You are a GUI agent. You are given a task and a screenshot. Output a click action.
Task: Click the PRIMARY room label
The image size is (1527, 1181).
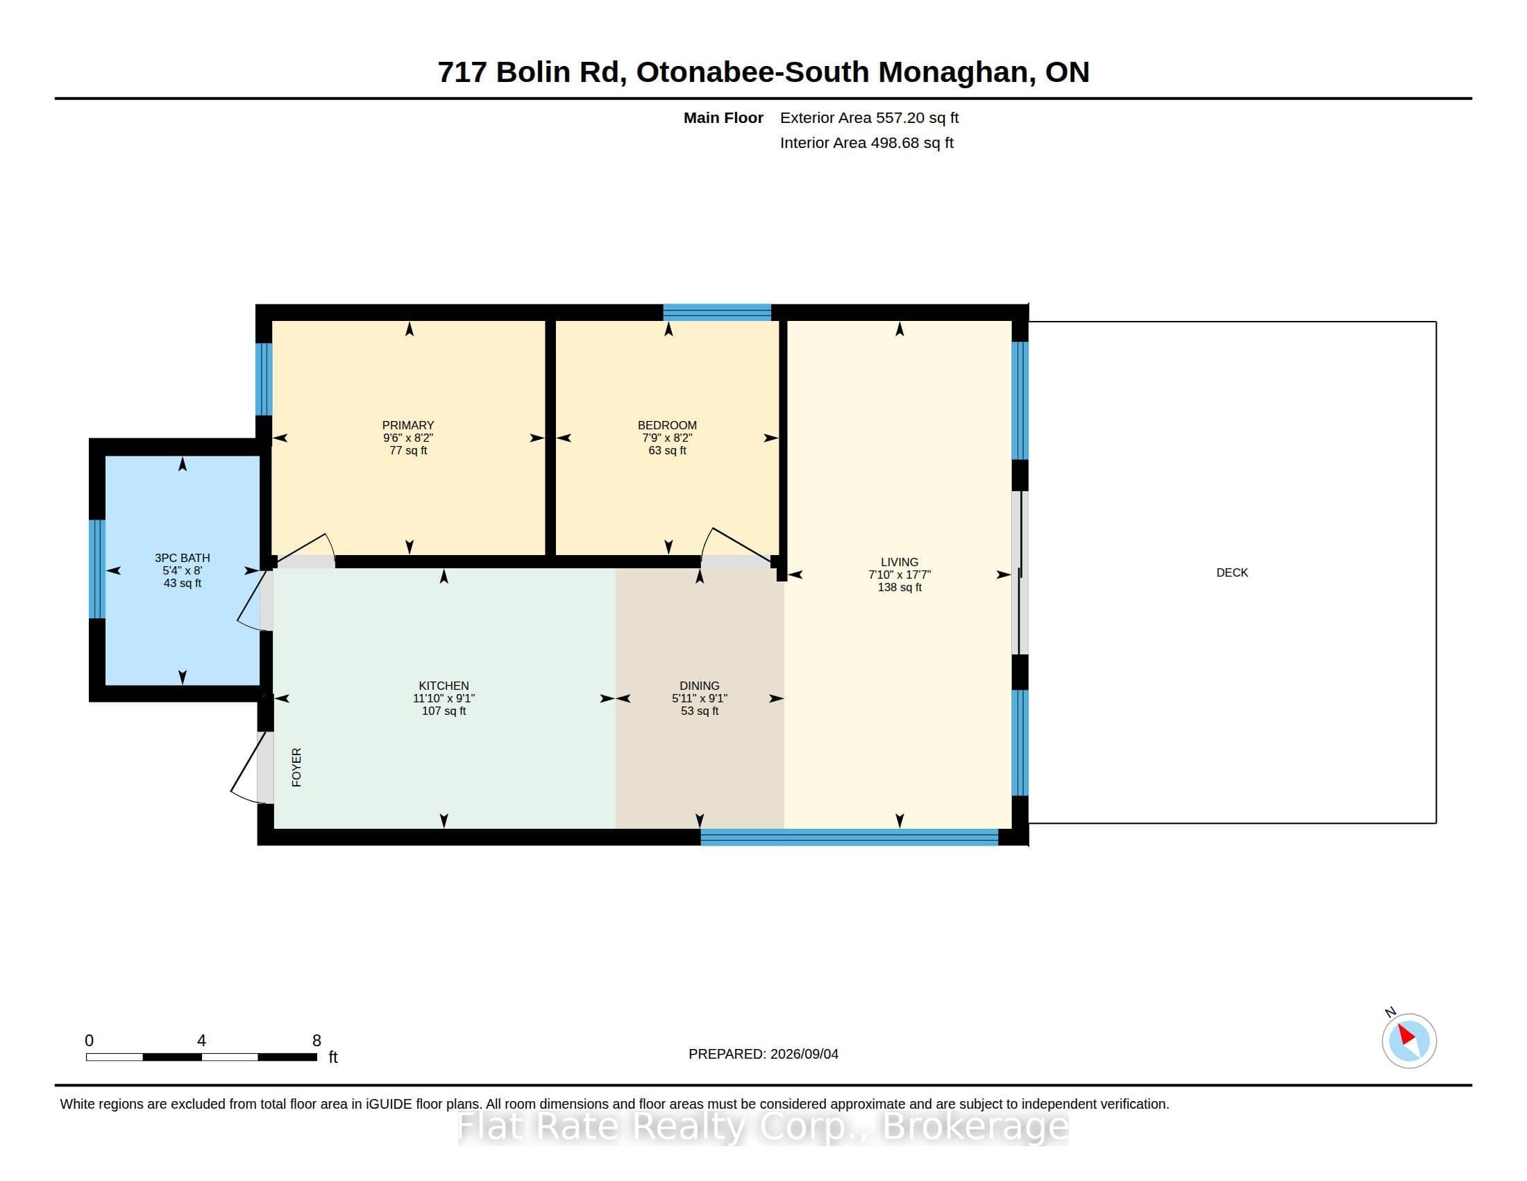coord(408,425)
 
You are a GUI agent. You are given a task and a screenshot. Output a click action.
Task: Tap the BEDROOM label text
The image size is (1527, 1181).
coord(667,425)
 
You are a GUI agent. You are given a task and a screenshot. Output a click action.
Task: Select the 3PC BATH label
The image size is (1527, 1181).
coord(183,559)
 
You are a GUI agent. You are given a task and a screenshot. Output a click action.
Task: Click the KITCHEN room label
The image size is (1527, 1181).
coord(444,686)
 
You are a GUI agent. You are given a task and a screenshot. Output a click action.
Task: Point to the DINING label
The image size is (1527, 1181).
coord(699,686)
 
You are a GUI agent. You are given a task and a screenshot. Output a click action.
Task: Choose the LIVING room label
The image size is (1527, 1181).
coord(899,563)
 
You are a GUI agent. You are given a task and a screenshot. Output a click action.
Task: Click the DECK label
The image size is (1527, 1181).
coord(1232,573)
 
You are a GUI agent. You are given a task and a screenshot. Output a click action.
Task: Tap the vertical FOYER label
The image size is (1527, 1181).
coord(296,768)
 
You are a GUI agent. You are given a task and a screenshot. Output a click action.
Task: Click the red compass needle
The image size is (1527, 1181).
coord(1407,1035)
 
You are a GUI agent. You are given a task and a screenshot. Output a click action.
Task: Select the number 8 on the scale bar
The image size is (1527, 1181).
coord(317,1041)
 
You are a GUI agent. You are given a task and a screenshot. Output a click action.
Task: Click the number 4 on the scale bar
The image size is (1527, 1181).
coord(201,1041)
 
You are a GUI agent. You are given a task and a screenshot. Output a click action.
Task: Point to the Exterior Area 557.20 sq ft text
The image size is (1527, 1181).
coord(869,118)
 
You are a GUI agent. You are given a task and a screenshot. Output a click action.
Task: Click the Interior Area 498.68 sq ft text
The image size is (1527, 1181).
coord(866,143)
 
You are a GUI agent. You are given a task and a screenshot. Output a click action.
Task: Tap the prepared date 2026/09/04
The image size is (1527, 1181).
coord(804,1055)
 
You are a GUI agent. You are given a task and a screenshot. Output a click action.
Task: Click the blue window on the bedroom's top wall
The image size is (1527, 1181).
coord(717,312)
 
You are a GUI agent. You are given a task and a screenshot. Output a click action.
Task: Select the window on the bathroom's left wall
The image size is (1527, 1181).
coord(97,569)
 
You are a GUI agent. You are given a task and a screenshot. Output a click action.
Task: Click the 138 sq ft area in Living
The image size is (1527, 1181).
coord(899,588)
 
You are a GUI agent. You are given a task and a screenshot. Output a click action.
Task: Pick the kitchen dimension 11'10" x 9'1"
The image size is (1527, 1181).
coord(444,699)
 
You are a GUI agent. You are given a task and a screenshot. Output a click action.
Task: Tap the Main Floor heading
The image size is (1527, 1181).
coord(723,118)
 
